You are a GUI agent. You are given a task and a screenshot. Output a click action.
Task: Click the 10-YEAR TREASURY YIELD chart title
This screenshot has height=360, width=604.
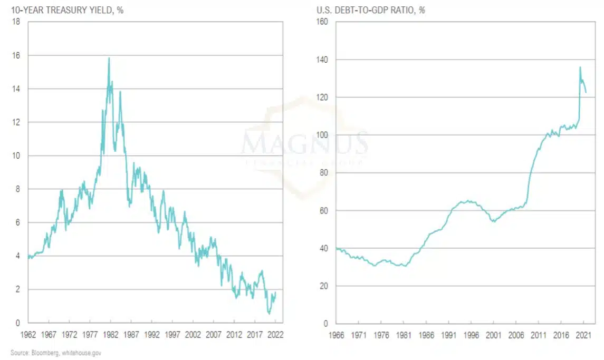67,10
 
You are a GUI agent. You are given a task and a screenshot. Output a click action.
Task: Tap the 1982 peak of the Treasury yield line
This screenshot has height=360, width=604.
109,58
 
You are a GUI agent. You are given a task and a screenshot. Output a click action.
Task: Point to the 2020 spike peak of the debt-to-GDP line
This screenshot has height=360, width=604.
580,67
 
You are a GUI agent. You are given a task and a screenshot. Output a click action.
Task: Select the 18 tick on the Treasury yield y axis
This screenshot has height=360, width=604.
17,22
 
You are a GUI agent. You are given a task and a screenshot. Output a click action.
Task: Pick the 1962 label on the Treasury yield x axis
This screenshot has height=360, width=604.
27,334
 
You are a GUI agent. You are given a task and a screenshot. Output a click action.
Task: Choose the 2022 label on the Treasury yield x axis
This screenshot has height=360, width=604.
275,334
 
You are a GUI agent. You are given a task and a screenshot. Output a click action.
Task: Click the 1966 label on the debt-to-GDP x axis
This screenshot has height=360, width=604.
335,334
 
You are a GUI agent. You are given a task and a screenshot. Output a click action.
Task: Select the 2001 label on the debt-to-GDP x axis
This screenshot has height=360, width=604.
493,334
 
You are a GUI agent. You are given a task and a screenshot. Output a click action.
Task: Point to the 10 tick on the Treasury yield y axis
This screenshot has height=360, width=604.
17,156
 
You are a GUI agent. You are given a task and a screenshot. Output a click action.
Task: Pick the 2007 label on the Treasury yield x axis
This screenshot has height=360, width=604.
214,334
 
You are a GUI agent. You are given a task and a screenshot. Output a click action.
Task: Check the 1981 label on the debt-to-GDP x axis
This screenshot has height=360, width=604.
403,334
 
